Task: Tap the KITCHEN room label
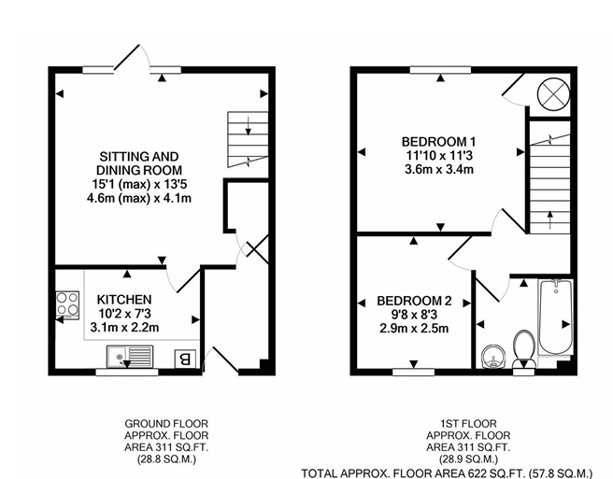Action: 124,300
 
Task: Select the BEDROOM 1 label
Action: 437,142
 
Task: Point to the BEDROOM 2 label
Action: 414,301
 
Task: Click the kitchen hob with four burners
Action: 67,305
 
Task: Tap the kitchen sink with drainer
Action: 129,356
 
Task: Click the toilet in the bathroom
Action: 524,347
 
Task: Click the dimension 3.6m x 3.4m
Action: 437,170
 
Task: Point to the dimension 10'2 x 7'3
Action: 124,314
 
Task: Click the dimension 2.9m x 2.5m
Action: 414,329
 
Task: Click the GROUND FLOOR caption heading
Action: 165,423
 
